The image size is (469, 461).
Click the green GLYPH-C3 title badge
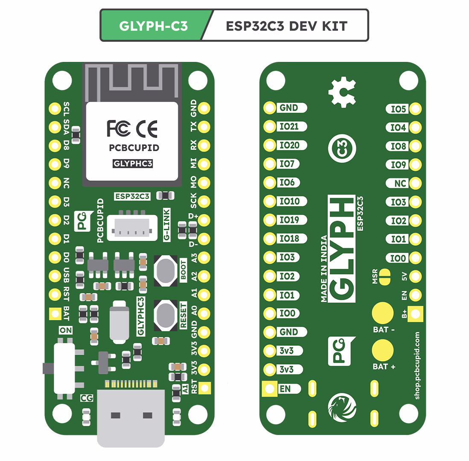[x=154, y=26]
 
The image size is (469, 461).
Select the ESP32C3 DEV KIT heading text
[x=286, y=26]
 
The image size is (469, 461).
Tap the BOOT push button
[x=165, y=271]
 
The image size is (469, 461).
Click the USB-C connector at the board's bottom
[x=131, y=417]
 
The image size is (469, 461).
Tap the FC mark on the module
[x=119, y=128]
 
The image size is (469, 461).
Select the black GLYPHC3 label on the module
[x=132, y=163]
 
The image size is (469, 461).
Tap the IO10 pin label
[x=289, y=201]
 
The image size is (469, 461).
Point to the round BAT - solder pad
[x=383, y=313]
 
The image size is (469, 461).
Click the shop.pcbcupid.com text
[x=417, y=366]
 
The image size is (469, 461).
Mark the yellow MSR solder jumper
[x=385, y=277]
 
